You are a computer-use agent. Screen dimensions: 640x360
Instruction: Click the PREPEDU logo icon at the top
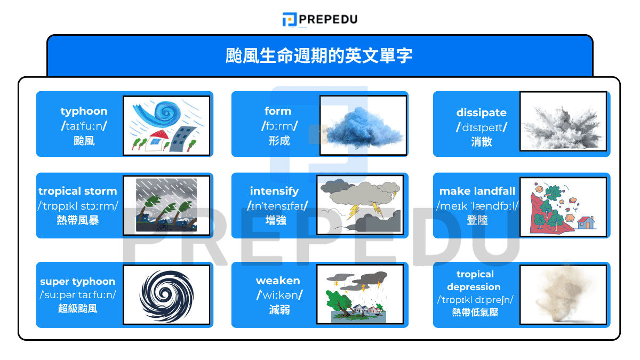[x=290, y=19]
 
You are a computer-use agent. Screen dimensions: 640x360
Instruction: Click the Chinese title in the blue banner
[x=319, y=55]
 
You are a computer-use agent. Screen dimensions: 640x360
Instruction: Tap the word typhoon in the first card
[x=84, y=111]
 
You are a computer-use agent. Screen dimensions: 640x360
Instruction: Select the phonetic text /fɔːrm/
[x=279, y=126]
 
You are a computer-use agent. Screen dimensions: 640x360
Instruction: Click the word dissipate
[x=481, y=113]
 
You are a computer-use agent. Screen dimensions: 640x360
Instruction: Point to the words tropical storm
[x=78, y=191]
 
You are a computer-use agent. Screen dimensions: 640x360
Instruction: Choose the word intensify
[x=274, y=191]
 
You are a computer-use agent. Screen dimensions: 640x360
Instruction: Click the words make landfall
[x=477, y=191]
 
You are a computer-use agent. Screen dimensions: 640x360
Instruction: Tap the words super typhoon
[x=77, y=282]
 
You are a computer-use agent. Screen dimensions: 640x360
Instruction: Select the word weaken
[x=278, y=281]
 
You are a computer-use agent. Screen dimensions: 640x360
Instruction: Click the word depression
[x=474, y=287]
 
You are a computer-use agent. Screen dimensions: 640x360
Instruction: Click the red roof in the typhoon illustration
[x=158, y=135]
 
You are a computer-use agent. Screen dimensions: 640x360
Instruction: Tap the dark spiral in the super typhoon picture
[x=166, y=295]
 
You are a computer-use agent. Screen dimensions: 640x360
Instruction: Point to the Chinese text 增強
[x=276, y=220]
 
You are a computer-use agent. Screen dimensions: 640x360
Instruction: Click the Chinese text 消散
[x=482, y=142]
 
